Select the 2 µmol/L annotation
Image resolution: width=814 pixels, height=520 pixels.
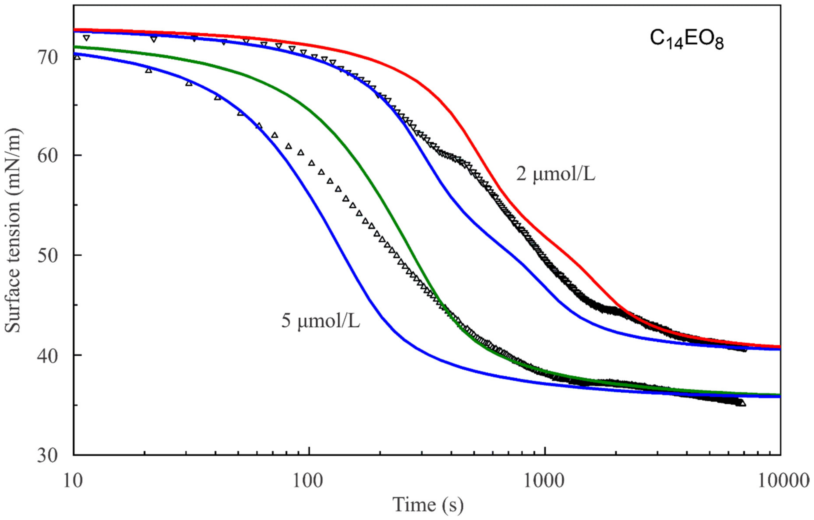pos(555,175)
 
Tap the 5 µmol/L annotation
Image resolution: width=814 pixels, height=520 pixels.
pos(320,322)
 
